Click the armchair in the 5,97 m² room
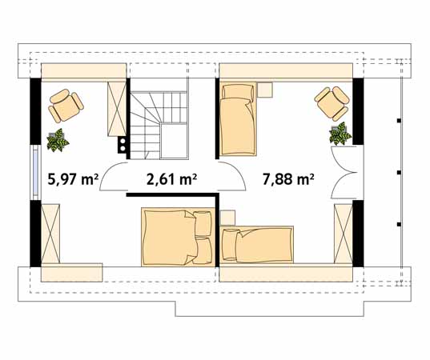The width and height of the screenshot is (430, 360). coord(65,104)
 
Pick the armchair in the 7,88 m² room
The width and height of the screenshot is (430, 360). coord(332,102)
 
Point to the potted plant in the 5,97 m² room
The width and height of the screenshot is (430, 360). coord(58,141)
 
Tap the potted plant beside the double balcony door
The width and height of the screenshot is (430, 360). coord(340,134)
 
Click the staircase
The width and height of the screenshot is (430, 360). coord(159,123)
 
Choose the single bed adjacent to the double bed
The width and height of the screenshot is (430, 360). coord(257,245)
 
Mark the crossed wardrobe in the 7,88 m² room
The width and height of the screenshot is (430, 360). coord(344,233)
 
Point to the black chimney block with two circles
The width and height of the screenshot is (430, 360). coord(123,145)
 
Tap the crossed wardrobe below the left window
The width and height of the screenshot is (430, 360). coord(50,233)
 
